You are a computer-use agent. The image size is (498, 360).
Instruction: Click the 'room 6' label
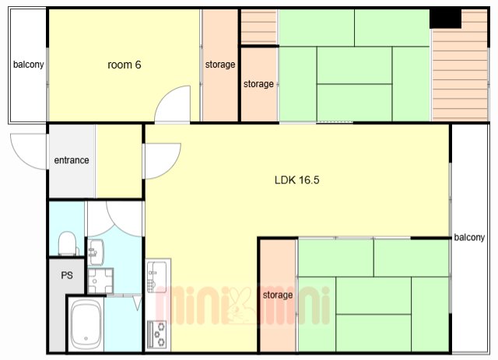tap(124, 65)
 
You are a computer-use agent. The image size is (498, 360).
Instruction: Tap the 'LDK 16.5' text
tap(297, 180)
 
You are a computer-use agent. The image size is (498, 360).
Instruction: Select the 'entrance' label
tap(72, 160)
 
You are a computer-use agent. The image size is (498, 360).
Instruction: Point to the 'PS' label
tap(67, 275)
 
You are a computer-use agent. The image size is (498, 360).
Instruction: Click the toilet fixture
tap(68, 243)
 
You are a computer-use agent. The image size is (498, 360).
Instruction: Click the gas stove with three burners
tap(157, 334)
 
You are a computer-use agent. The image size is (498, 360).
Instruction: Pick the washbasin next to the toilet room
tap(96, 252)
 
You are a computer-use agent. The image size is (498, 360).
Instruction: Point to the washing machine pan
tap(100, 281)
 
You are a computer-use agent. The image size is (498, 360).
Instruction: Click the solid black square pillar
tap(445, 19)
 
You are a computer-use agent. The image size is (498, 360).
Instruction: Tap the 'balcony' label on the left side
tap(28, 65)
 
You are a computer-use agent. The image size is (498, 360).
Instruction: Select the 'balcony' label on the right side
tap(469, 237)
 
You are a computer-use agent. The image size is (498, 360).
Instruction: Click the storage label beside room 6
tap(220, 65)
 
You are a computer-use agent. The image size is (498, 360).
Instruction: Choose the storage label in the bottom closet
tap(278, 295)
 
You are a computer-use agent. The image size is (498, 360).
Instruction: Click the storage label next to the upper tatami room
tap(258, 84)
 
